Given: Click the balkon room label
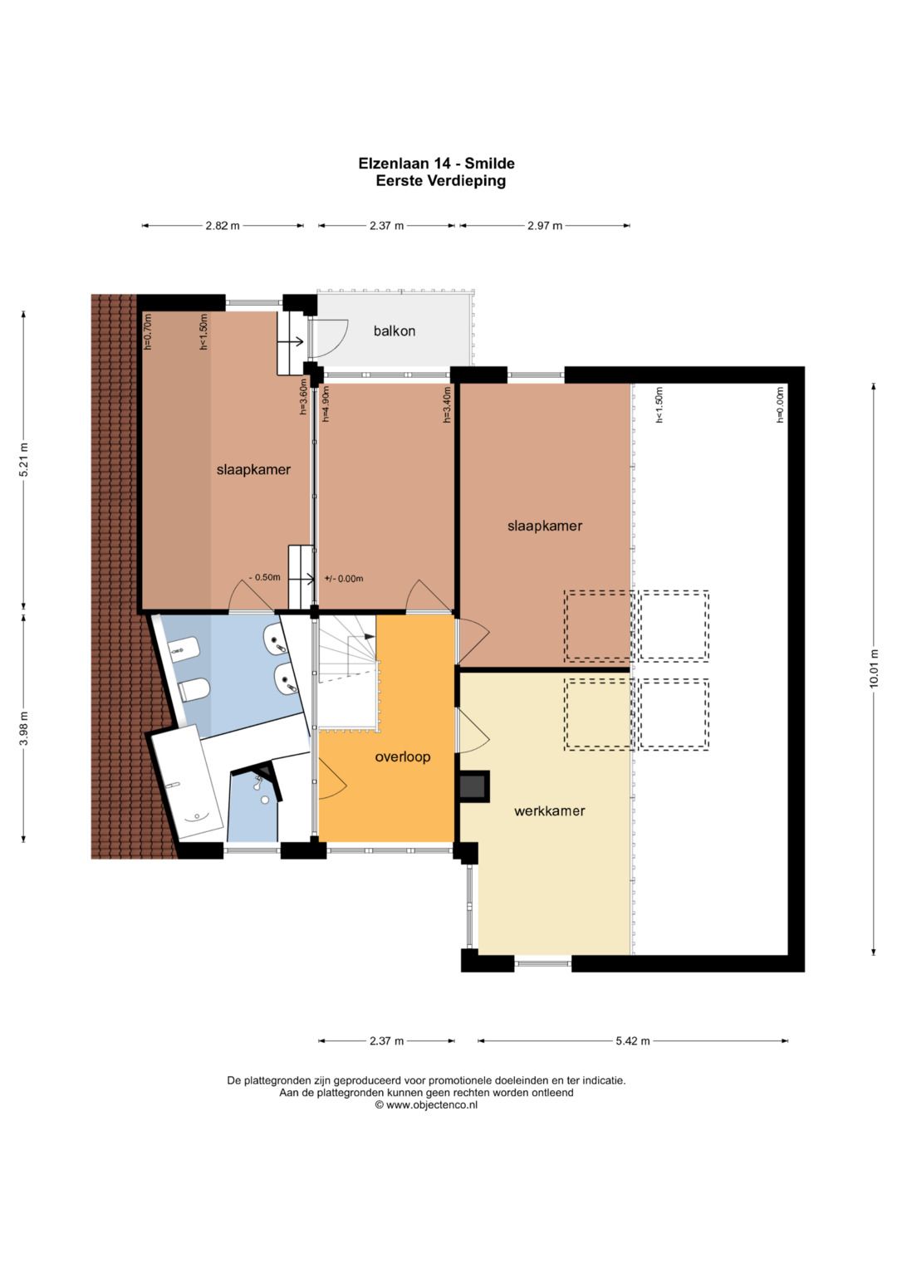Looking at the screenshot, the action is (395, 331).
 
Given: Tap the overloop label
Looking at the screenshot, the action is (403, 756).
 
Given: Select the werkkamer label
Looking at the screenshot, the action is (549, 810).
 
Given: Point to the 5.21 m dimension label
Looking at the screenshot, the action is (24, 461).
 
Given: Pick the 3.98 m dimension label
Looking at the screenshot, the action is (24, 729).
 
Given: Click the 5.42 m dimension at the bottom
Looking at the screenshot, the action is (633, 1040).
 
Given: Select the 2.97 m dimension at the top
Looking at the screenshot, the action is (545, 226).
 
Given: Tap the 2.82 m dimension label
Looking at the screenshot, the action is (223, 226).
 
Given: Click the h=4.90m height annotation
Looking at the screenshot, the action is (326, 404).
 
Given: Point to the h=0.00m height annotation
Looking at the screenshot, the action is (780, 404).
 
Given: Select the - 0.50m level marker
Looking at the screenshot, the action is (264, 577).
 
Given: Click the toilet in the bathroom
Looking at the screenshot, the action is (195, 689).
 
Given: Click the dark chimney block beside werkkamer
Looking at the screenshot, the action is (473, 786).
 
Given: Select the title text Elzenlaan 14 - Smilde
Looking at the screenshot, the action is (437, 164).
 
